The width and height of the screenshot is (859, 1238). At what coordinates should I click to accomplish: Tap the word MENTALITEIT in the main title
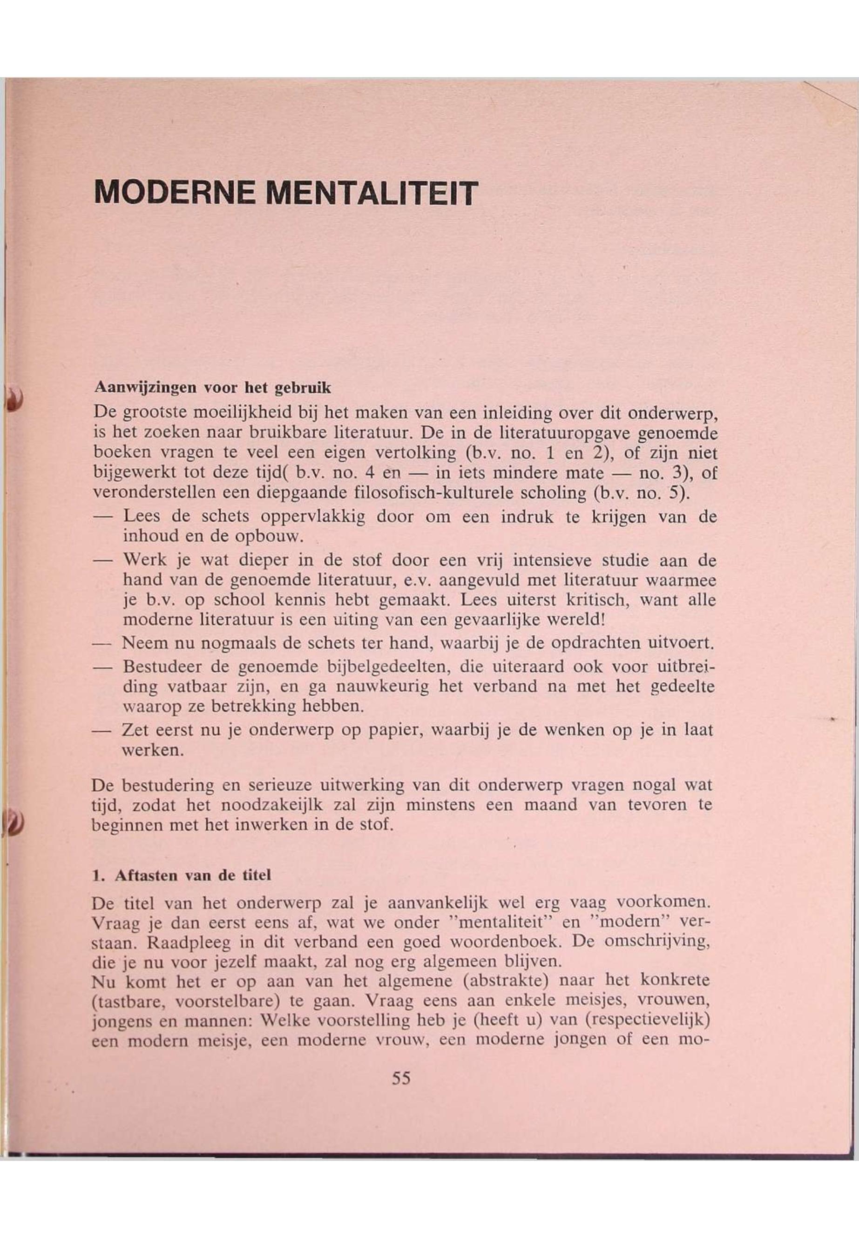[372, 192]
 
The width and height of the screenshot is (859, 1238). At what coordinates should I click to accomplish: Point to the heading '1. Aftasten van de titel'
[182, 875]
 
